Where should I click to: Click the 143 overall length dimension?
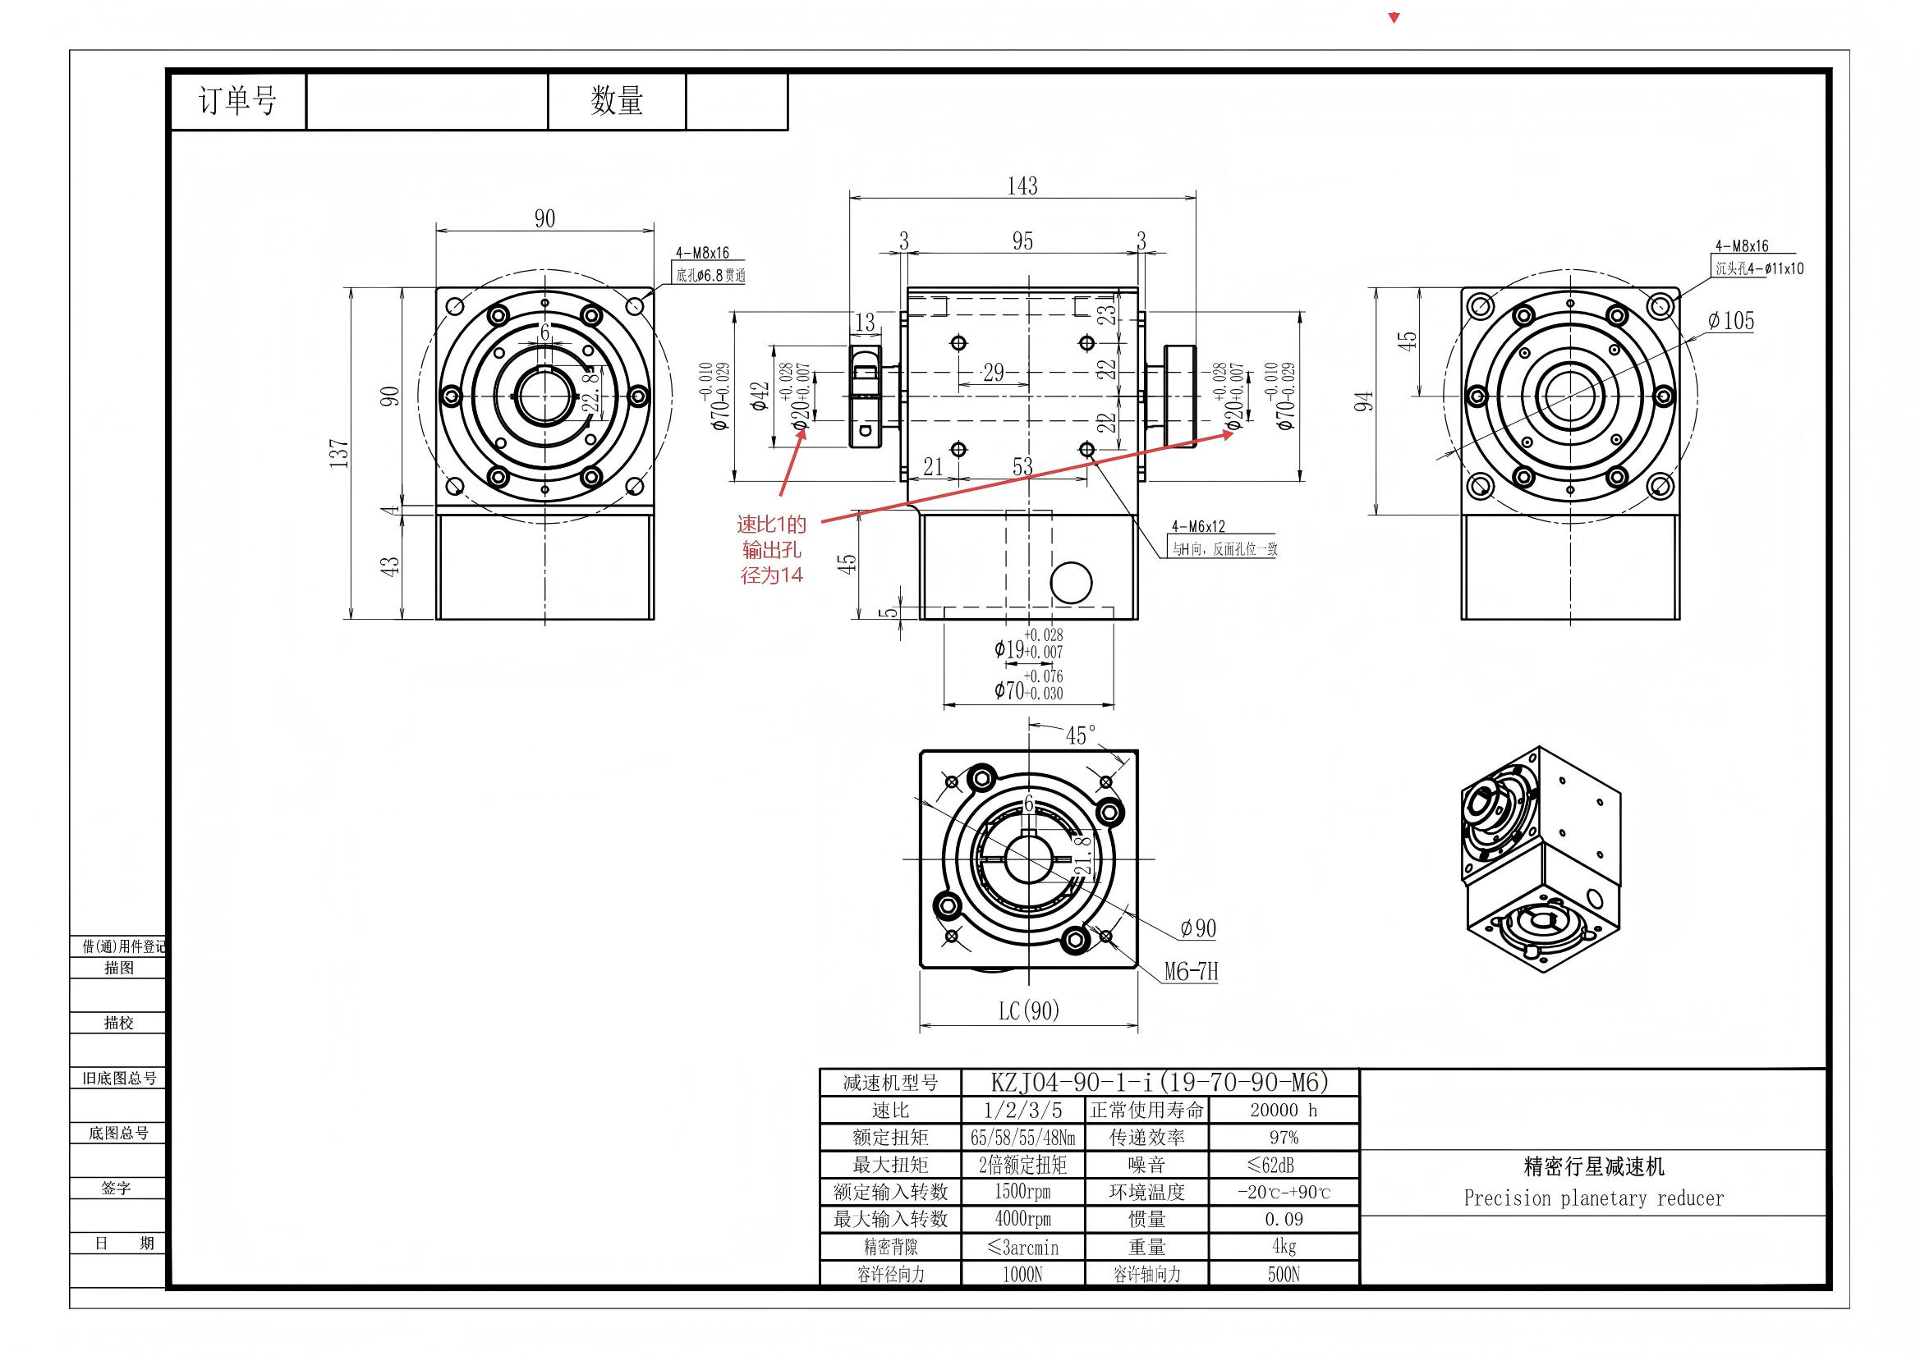1022,186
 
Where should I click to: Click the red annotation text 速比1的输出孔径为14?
772,549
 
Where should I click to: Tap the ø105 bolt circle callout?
1730,320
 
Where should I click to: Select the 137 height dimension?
339,452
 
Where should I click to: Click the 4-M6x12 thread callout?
1197,526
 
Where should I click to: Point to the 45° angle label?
1080,735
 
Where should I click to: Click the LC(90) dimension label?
1028,1010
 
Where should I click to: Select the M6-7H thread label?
1191,970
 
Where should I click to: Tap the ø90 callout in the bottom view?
1197,928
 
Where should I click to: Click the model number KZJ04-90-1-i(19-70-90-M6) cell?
1160,1083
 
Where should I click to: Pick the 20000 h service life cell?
1283,1111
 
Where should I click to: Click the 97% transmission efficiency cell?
1283,1137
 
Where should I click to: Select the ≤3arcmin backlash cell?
1022,1248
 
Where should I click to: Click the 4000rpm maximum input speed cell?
1022,1219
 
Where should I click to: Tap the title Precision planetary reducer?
1593,1198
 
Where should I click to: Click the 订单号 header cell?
237,101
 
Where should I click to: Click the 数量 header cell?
616,101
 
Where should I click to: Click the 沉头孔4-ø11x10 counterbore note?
1759,268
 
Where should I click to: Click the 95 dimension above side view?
1022,241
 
